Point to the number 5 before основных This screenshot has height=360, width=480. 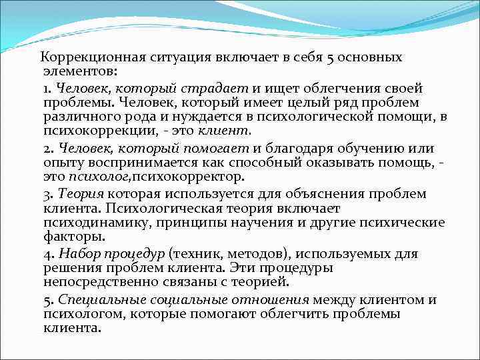click(x=330, y=57)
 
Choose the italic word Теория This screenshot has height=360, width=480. click(x=81, y=194)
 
